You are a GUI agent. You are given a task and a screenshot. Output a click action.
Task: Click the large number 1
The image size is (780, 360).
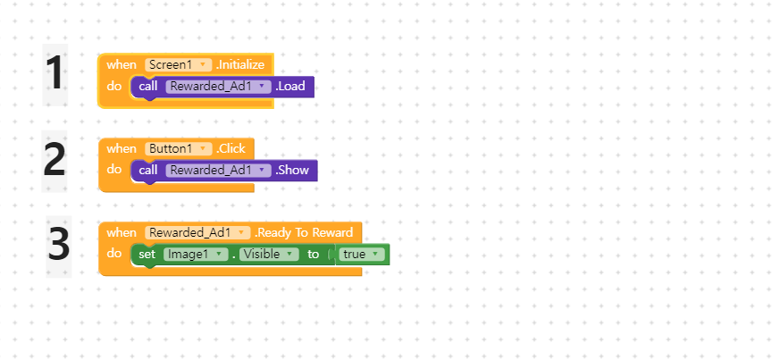coord(55,73)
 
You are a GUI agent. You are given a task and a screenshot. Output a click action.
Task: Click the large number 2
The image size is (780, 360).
coord(55,160)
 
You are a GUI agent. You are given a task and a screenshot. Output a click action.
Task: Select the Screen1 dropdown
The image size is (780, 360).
coord(178,64)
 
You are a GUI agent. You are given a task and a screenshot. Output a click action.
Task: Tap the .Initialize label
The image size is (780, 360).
coord(241,64)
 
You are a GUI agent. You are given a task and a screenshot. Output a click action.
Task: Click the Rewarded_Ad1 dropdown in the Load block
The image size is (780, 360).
coord(217,86)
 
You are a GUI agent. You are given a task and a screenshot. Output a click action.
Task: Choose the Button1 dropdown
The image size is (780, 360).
coord(178,148)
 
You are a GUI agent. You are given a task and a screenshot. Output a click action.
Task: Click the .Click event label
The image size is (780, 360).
coord(231,148)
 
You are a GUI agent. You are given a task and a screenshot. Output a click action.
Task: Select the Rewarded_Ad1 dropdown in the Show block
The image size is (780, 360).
coord(217,170)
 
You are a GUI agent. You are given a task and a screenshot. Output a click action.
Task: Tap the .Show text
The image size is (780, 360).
coord(293,170)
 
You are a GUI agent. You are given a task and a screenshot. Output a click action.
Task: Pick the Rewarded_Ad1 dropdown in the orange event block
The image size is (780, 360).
coord(198,232)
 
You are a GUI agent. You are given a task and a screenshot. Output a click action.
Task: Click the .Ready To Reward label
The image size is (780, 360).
coord(304,232)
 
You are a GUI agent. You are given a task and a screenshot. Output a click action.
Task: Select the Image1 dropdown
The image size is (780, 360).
coord(195,255)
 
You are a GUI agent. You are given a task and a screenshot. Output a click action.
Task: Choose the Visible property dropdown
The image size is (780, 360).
coord(269,255)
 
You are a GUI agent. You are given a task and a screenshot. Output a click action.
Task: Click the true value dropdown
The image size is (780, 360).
coord(362,255)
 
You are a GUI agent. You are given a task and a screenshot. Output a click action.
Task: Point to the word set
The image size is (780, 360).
coord(147,255)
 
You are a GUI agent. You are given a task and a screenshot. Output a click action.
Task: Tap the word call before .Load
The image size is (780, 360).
coord(148,86)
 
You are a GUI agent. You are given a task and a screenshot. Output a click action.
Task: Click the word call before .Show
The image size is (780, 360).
coord(148,170)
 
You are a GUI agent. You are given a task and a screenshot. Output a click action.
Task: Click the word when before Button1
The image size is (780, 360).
coord(122,148)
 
